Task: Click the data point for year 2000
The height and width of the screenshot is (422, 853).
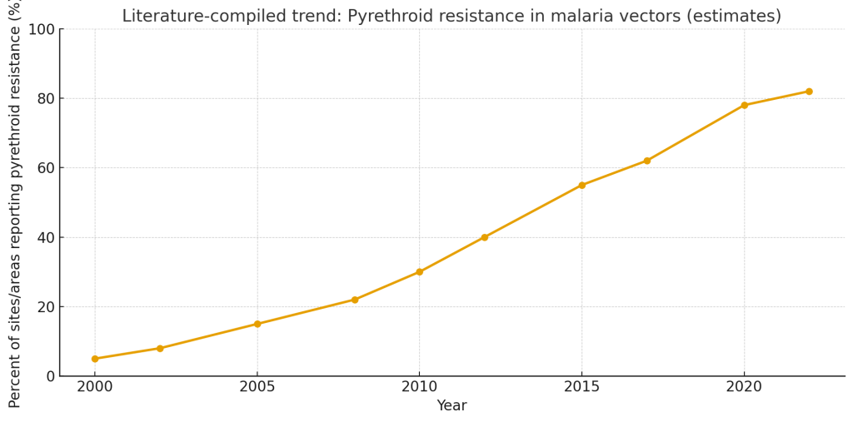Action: [x=95, y=359]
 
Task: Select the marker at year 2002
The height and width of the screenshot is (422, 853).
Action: [x=160, y=348]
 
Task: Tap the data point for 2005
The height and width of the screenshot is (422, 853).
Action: [x=257, y=324]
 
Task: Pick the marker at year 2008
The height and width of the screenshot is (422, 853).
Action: [x=355, y=300]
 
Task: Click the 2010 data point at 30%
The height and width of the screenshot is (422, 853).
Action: [x=419, y=272]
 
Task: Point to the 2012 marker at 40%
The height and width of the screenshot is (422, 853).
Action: [x=484, y=237]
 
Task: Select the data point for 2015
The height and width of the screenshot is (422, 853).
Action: [x=581, y=185]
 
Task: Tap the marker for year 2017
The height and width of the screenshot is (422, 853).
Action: [x=646, y=161]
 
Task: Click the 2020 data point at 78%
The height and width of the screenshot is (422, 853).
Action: [x=744, y=106]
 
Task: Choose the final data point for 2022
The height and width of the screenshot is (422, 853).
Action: [x=809, y=92]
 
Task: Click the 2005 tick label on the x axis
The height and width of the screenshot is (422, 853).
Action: [x=257, y=387]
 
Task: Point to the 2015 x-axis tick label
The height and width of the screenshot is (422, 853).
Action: [x=581, y=387]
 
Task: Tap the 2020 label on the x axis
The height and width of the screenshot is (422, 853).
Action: [x=744, y=387]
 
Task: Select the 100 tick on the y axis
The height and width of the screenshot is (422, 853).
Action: [x=42, y=30]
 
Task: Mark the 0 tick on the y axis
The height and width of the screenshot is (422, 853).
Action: [x=51, y=376]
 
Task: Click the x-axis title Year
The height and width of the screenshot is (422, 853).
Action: [x=451, y=406]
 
